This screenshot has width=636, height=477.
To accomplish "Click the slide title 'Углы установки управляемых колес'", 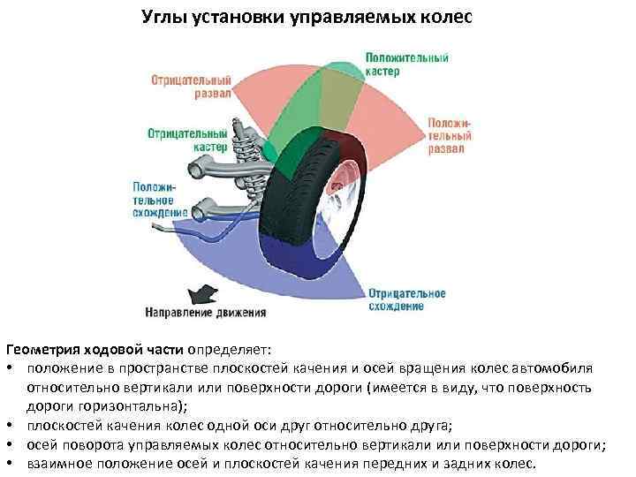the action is click(308, 18).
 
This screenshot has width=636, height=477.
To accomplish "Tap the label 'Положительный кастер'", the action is click(407, 64).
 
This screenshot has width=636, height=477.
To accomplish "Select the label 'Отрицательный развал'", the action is click(191, 86).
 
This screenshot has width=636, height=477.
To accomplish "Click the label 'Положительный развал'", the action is click(450, 136).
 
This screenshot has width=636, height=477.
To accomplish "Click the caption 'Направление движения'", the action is click(206, 312).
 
